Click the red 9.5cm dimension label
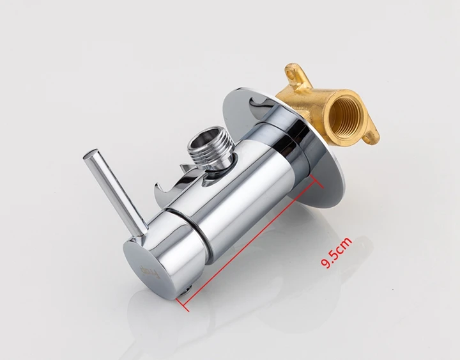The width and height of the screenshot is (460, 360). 336,253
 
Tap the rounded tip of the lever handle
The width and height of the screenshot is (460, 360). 89,155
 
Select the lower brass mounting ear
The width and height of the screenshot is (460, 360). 371,136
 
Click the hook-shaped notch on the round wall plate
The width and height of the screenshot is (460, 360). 262,104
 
